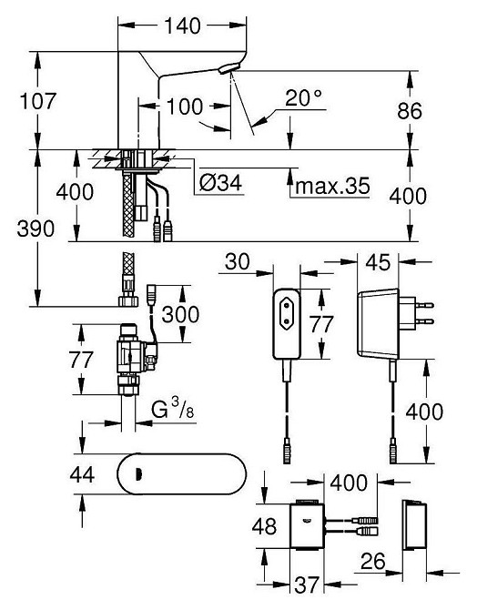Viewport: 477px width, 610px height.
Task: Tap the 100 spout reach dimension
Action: click(x=185, y=107)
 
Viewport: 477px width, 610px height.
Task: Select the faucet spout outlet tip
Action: click(x=231, y=74)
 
